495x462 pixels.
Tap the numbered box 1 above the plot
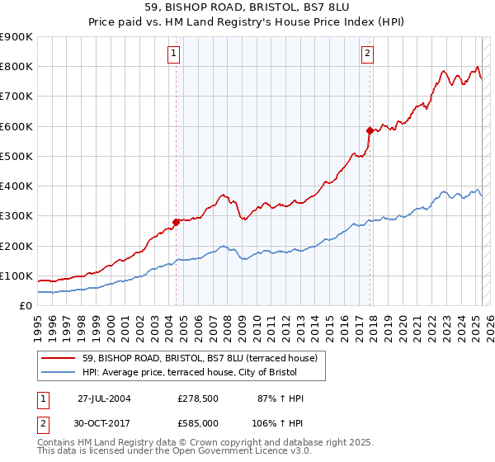tap(175, 54)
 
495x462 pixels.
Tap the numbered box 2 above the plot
tap(367, 54)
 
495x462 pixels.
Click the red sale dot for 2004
tap(176, 222)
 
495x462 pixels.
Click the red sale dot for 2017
tap(370, 130)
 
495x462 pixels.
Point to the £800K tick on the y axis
tap(17, 67)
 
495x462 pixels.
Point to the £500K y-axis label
tap(17, 156)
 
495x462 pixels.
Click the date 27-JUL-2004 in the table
tap(104, 398)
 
